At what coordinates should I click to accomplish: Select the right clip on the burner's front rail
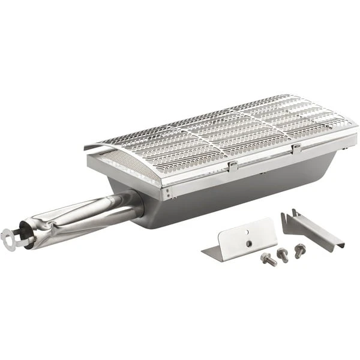tap(295, 148)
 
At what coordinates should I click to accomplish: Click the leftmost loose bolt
tap(267, 259)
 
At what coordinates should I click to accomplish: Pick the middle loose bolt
tap(281, 253)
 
